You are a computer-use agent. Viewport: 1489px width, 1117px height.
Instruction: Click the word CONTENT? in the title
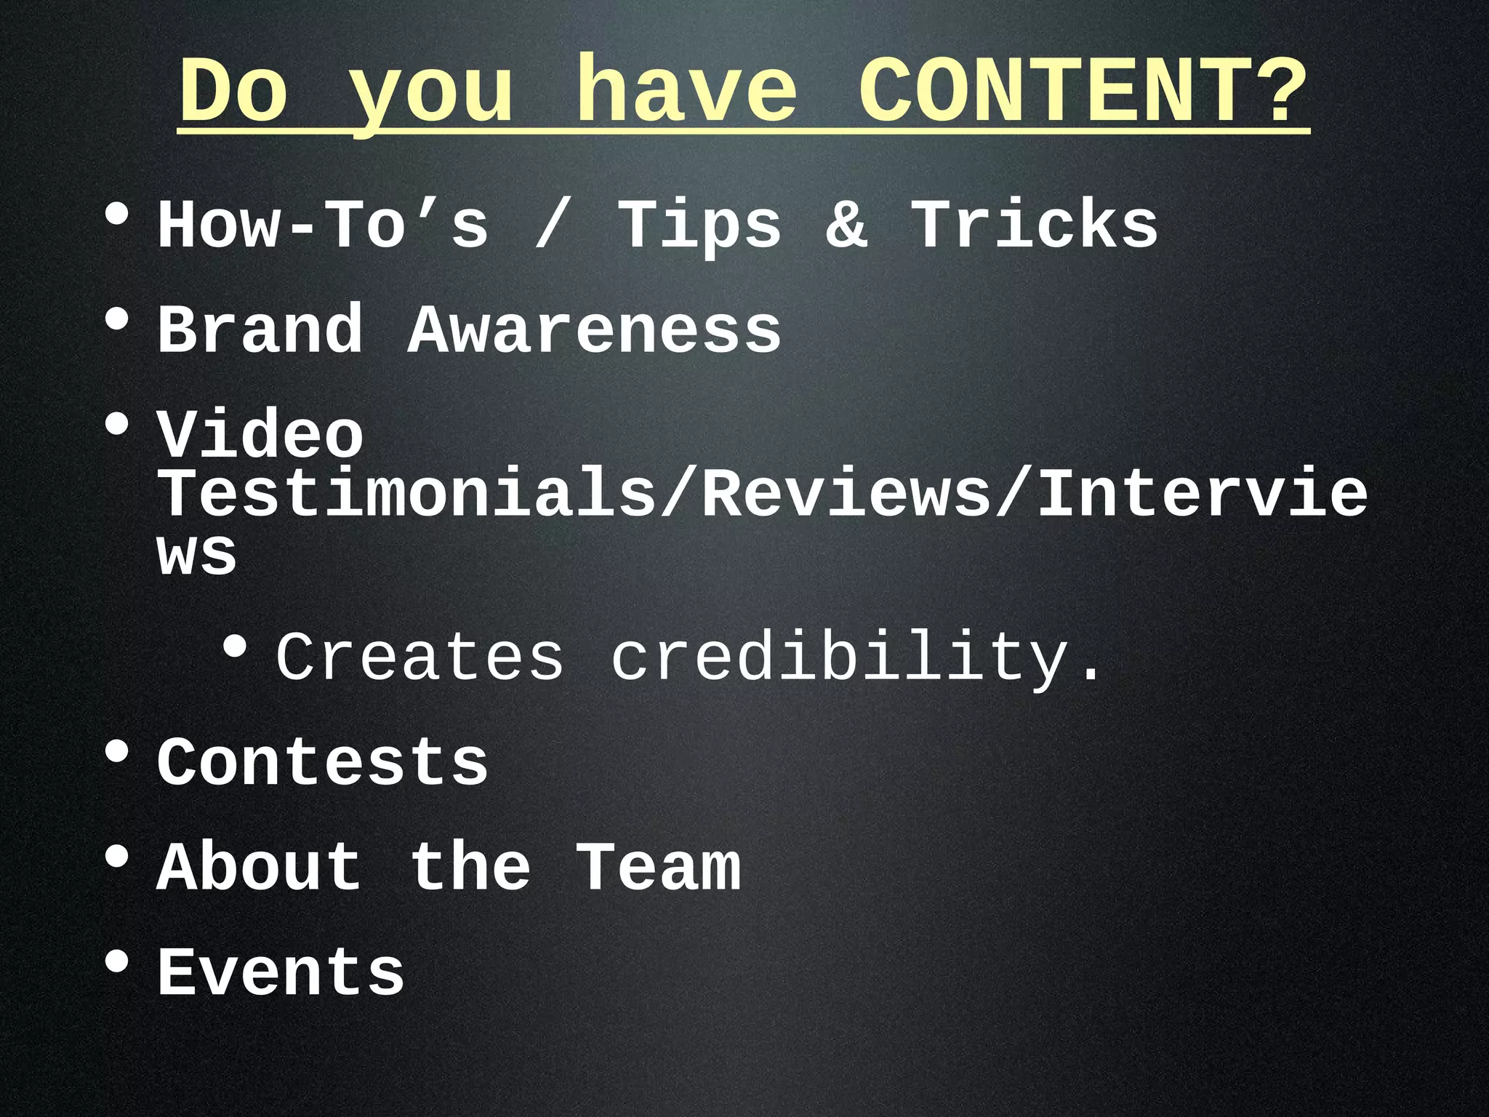pyautogui.click(x=1083, y=91)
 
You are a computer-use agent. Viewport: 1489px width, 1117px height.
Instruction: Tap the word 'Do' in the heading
pyautogui.click(x=233, y=91)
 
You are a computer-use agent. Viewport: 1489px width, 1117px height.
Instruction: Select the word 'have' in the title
pyautogui.click(x=686, y=91)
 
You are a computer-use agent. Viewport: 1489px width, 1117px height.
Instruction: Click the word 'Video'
pyautogui.click(x=260, y=435)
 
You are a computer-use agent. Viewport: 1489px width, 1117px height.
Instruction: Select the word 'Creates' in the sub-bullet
pyautogui.click(x=420, y=657)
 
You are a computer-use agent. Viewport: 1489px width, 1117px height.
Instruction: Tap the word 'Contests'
pyautogui.click(x=323, y=762)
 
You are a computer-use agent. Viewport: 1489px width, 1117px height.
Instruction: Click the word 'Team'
pyautogui.click(x=659, y=867)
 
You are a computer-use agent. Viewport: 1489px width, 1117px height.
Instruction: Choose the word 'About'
pyautogui.click(x=260, y=867)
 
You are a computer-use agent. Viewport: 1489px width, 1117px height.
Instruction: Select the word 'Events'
pyautogui.click(x=281, y=972)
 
